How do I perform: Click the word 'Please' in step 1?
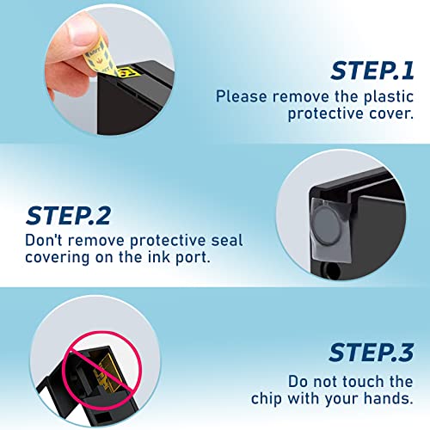tap(239, 97)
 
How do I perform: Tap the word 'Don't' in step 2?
tap(42, 241)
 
